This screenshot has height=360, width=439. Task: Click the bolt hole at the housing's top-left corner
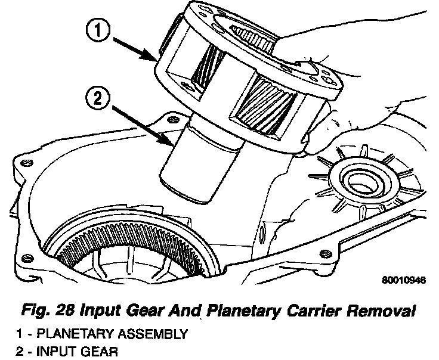point(174,122)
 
